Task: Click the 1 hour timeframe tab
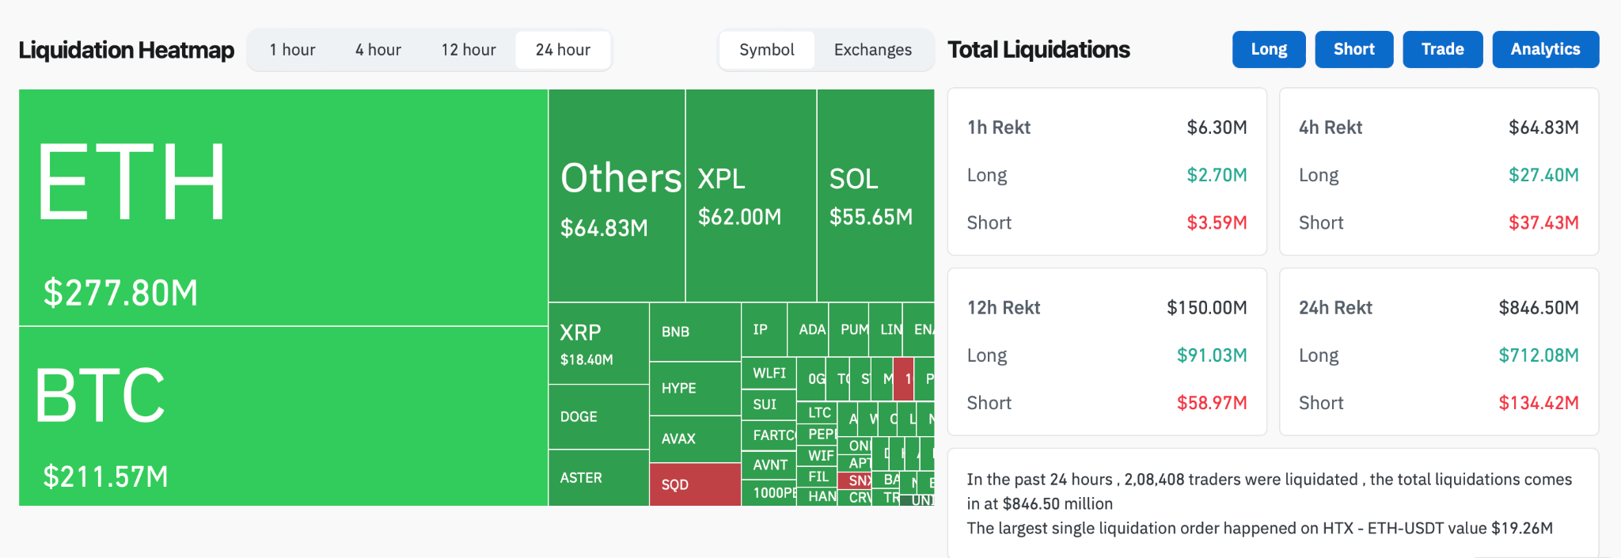point(292,50)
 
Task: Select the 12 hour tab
point(469,50)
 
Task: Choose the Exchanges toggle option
point(872,50)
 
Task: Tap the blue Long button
point(1268,49)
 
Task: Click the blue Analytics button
point(1545,49)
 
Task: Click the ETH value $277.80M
point(120,293)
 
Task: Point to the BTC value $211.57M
point(105,476)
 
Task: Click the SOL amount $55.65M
point(871,217)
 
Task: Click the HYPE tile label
point(679,388)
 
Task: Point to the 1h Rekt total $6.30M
point(1217,127)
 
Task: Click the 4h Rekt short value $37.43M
point(1543,222)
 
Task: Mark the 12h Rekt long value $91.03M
point(1211,355)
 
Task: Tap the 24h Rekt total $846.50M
point(1538,308)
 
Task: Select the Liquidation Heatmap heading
point(127,50)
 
